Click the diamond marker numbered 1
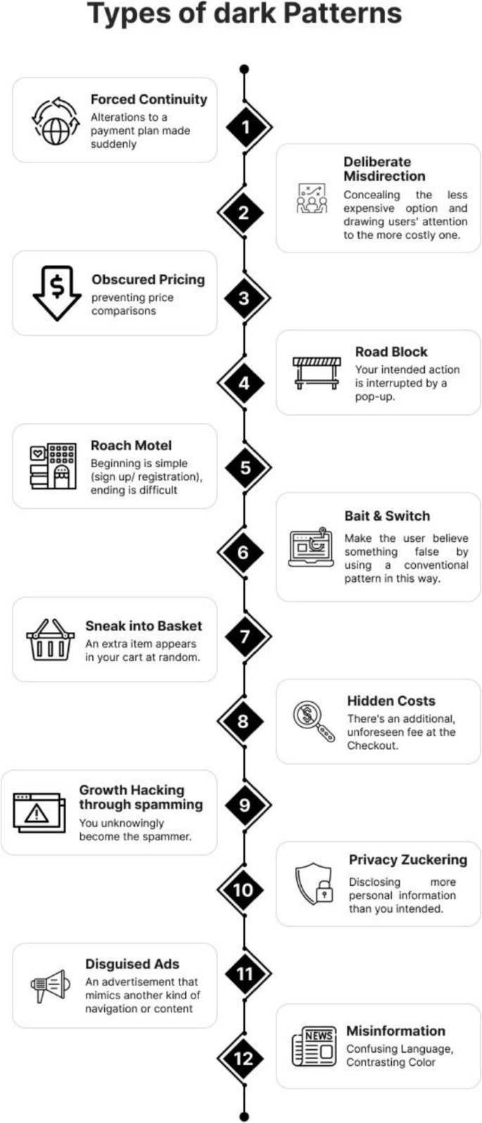[244, 127]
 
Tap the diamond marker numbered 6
[243, 552]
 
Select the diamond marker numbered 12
[243, 1058]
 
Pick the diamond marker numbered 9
[244, 805]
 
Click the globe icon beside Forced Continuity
[56, 121]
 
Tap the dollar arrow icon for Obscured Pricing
[58, 291]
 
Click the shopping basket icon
[50, 640]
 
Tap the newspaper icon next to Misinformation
[314, 1046]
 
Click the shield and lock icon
[314, 884]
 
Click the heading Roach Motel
[131, 445]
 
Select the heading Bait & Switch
[387, 516]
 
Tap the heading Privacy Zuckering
[407, 859]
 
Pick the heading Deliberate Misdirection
[384, 169]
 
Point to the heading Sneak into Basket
[144, 626]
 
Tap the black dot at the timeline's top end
[244, 69]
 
